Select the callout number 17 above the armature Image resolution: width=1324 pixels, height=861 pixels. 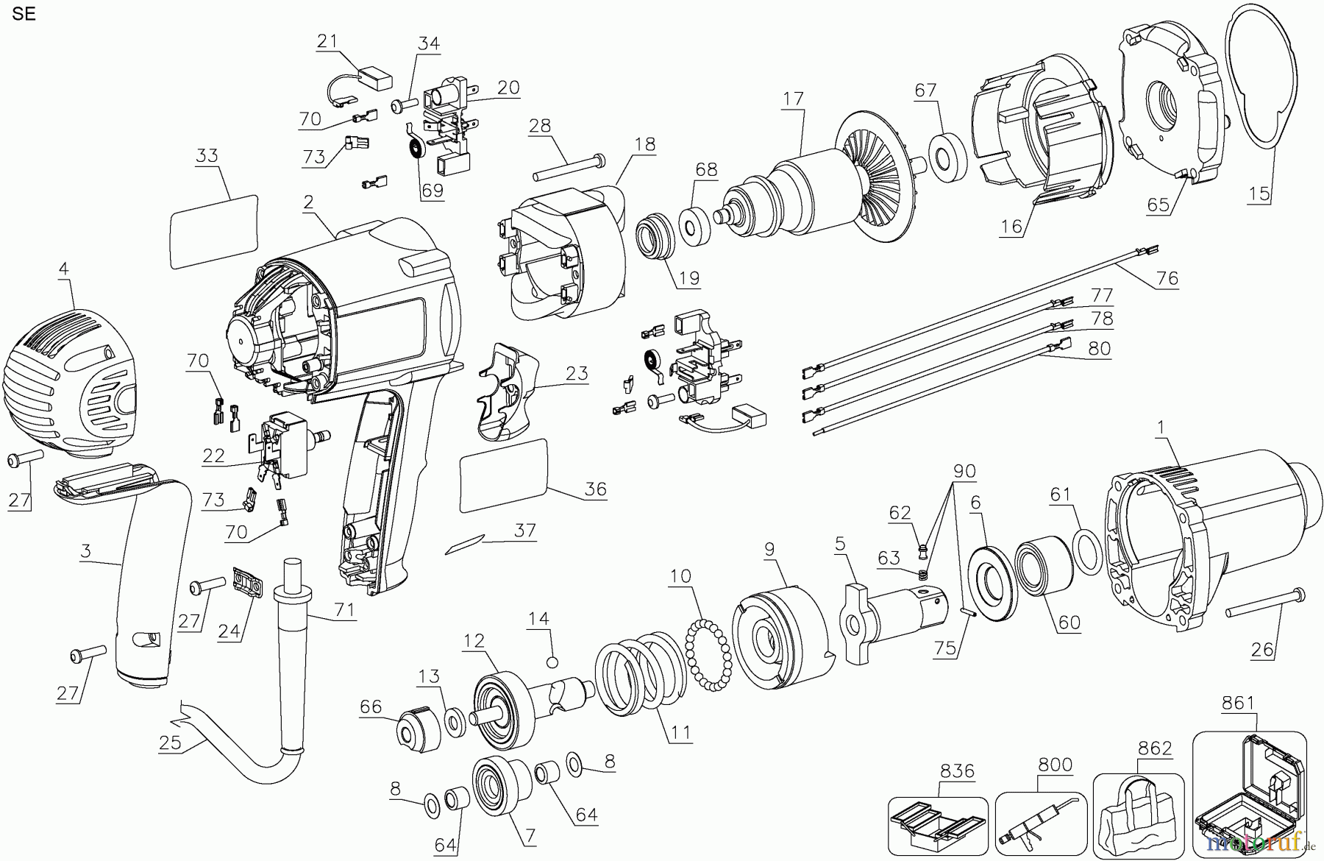(x=793, y=99)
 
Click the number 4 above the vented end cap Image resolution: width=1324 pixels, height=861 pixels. (x=64, y=269)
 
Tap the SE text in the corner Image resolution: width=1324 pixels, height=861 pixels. (x=24, y=14)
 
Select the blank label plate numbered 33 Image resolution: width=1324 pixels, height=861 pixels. (x=214, y=230)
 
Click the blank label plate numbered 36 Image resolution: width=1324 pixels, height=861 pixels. (x=505, y=475)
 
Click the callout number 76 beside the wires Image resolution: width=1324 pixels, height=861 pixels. (x=1167, y=278)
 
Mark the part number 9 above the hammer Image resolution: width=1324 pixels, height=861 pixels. (x=769, y=548)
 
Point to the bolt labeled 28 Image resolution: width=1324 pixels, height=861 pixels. (x=566, y=168)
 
